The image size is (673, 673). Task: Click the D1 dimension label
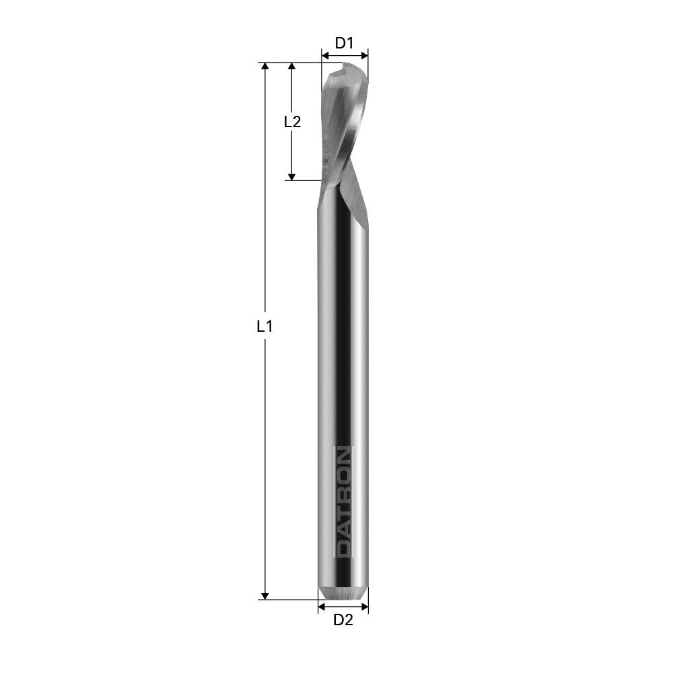point(345,43)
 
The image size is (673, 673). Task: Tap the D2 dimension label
point(343,620)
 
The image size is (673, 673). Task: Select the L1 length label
point(265,327)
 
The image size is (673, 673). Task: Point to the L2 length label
point(292,122)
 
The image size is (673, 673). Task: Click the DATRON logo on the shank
point(343,501)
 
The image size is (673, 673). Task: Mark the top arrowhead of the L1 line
point(265,67)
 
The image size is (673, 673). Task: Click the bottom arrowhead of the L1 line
point(265,595)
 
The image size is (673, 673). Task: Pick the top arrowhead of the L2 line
point(291,67)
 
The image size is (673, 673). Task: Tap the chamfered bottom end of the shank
point(343,593)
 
